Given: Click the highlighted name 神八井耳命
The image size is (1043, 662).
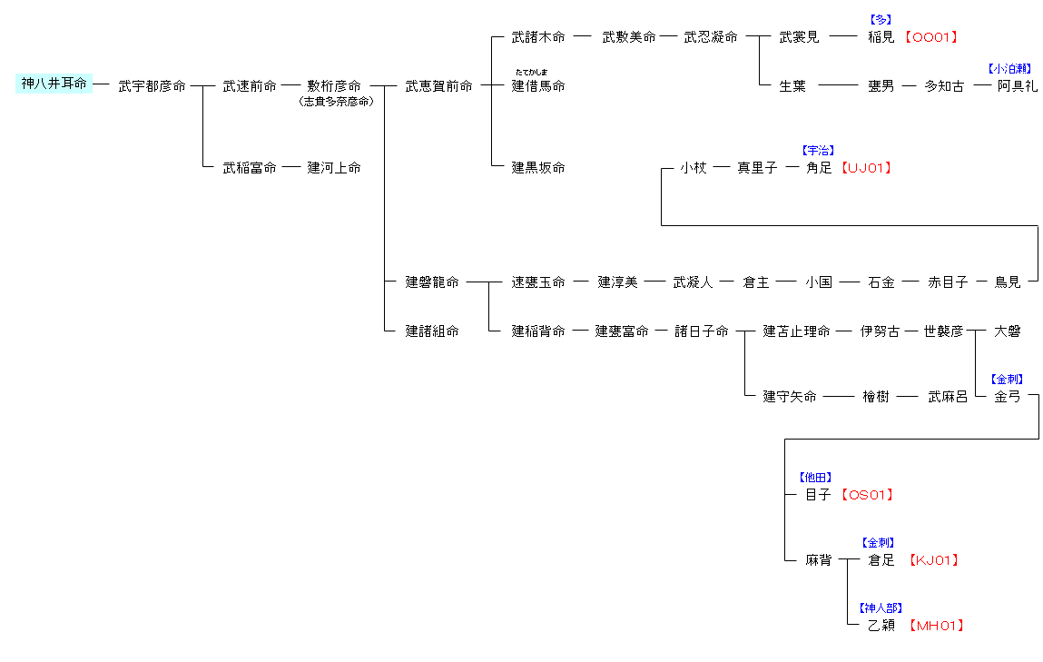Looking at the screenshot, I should (54, 84).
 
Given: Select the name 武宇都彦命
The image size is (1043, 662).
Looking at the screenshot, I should (152, 86).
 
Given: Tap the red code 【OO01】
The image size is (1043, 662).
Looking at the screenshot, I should (930, 37).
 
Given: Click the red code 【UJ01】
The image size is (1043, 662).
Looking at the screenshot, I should (865, 168).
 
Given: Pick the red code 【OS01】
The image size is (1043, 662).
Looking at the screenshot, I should (867, 495).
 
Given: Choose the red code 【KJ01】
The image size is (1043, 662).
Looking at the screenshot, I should (934, 560).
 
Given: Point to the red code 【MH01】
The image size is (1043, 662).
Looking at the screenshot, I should (937, 626).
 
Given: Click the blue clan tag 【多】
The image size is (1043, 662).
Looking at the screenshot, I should (881, 19).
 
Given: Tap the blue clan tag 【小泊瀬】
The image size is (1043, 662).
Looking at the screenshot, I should (1009, 68).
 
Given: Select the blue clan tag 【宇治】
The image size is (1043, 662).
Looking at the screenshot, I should (817, 151).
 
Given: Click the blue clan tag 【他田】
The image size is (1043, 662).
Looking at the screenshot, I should (815, 478).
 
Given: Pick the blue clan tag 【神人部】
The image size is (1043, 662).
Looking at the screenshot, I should (881, 608).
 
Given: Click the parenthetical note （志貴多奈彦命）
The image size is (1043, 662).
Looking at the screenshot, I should (335, 102).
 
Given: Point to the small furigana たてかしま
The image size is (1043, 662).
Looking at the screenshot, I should (531, 72).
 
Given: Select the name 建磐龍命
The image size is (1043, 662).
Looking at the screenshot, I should (432, 282).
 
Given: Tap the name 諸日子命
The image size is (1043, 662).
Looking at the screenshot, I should (701, 331).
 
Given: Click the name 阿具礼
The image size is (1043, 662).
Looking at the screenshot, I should (1017, 86).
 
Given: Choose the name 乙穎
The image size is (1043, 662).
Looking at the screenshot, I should (881, 626).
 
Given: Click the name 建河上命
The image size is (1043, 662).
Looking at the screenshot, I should (333, 168).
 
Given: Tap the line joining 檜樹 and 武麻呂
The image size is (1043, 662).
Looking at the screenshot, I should (908, 397).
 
